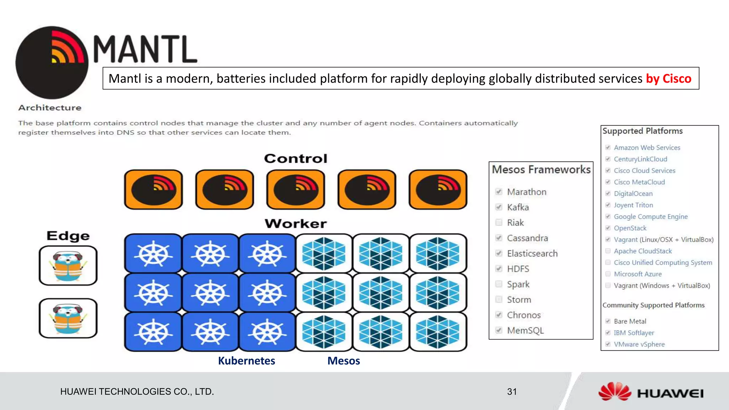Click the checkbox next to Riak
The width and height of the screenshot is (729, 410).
tap(499, 223)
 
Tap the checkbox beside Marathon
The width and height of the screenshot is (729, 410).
tap(499, 192)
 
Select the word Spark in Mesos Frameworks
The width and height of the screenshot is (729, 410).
tap(518, 284)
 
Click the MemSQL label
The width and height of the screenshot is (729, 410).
tap(525, 331)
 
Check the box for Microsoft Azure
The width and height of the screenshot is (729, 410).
tap(608, 274)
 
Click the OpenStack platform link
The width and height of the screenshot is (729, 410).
tap(630, 228)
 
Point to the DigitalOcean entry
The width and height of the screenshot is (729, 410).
tap(633, 193)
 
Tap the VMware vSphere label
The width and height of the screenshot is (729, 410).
tap(639, 344)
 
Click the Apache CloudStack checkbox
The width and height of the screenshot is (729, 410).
tap(608, 251)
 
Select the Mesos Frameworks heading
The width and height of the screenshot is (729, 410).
tap(541, 170)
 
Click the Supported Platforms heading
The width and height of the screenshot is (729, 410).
tap(643, 131)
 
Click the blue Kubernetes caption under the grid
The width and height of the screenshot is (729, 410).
tap(246, 361)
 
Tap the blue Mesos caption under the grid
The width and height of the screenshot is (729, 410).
tap(343, 361)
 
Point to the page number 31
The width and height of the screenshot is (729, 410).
tap(512, 392)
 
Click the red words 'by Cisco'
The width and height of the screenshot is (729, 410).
tap(668, 78)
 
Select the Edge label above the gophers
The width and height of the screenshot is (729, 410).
tap(68, 236)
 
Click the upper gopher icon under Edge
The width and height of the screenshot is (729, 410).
tap(68, 266)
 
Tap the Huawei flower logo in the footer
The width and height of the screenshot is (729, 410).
tap(615, 392)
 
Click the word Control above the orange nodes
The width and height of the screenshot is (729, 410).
tap(295, 159)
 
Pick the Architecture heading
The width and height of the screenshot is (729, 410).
tap(50, 108)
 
